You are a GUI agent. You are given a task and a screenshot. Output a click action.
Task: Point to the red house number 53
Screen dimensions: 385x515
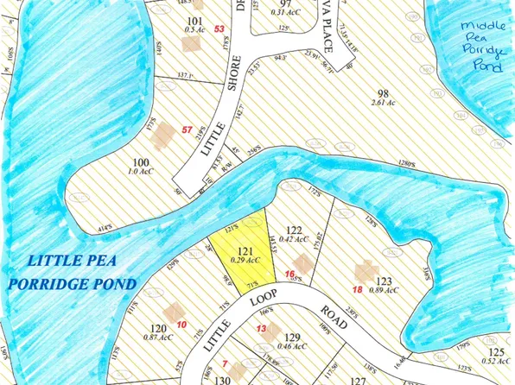(219, 29)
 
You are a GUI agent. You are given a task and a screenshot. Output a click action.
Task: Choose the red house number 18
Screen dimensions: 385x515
(357, 289)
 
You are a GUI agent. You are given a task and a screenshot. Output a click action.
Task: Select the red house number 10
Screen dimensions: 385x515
(181, 324)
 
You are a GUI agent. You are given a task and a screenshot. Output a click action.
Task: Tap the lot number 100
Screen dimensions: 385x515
(138, 161)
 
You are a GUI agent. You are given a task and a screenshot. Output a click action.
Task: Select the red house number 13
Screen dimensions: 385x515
(261, 329)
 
